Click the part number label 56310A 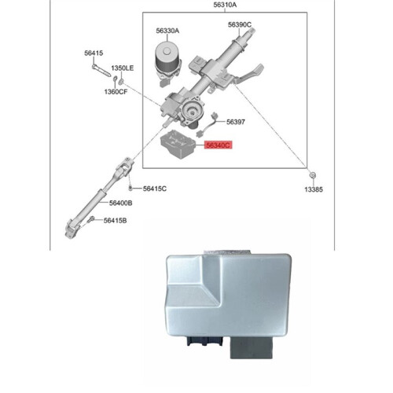click(225, 5)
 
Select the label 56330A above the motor click(167, 31)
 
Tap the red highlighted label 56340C click(219, 145)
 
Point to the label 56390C click(240, 24)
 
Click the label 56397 click(236, 122)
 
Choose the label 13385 click(314, 189)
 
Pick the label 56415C click(155, 189)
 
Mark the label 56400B click(121, 203)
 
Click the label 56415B click(115, 221)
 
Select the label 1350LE click(123, 68)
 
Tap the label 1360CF click(116, 92)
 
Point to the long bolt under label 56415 click(101, 71)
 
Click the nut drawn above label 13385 click(313, 174)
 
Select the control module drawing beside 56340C click(178, 144)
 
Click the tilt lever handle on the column click(249, 74)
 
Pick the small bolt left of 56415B click(90, 219)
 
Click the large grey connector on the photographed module click(252, 347)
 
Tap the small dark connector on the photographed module click(205, 341)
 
